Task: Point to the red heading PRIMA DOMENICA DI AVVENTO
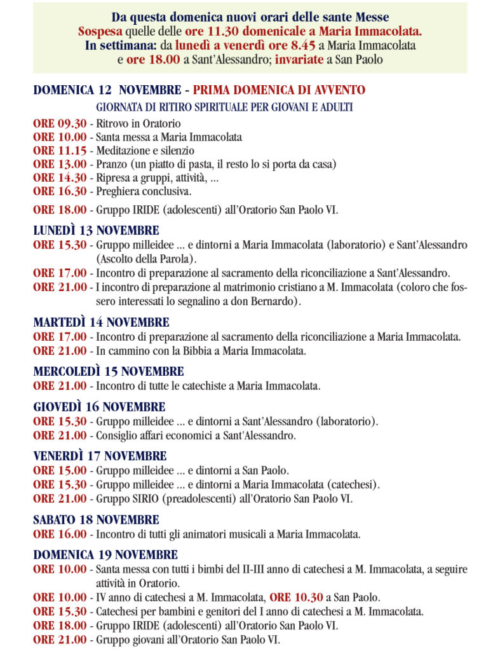click(x=279, y=90)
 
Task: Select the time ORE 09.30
click(x=60, y=123)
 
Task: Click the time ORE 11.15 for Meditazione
click(x=60, y=151)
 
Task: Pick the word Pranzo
click(x=110, y=164)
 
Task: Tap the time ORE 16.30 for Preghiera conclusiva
click(x=60, y=191)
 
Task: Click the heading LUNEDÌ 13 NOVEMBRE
click(x=96, y=230)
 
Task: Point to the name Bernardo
click(x=277, y=301)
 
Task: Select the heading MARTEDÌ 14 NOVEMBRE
click(x=101, y=323)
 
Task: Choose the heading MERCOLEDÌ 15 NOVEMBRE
click(x=109, y=371)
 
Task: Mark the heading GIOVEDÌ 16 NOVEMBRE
click(x=99, y=407)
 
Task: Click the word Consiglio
click(x=116, y=435)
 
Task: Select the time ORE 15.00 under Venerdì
click(x=60, y=471)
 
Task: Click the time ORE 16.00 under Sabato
click(x=60, y=535)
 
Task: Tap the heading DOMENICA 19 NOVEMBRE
click(x=105, y=555)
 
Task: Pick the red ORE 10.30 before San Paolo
click(x=296, y=598)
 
